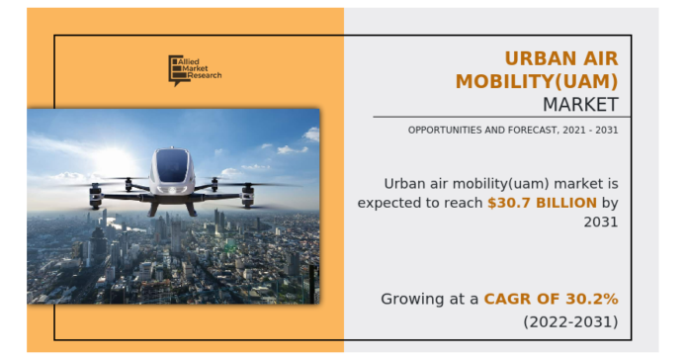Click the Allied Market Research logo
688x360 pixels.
194,69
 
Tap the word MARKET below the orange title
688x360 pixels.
580,104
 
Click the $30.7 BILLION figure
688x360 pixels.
542,203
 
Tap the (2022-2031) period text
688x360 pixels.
570,321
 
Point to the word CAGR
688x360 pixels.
507,299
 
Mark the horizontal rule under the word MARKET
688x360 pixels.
501,118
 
